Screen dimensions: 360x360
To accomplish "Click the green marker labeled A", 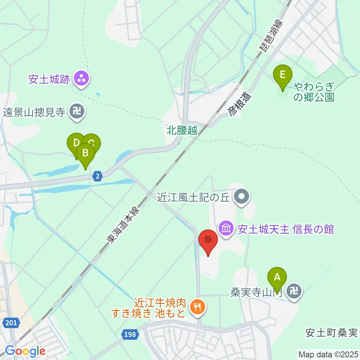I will click(x=277, y=279).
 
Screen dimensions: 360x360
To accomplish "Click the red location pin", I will click(x=208, y=240).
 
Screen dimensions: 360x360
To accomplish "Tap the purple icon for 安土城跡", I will click(x=81, y=79).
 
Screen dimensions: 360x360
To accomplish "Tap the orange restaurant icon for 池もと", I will click(x=197, y=308).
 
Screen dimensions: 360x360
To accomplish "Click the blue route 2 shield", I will click(x=97, y=177).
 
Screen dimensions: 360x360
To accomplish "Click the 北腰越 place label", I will click(x=181, y=131).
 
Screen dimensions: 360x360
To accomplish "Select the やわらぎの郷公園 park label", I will click(x=313, y=93).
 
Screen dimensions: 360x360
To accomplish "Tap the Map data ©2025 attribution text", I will click(x=328, y=354).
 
